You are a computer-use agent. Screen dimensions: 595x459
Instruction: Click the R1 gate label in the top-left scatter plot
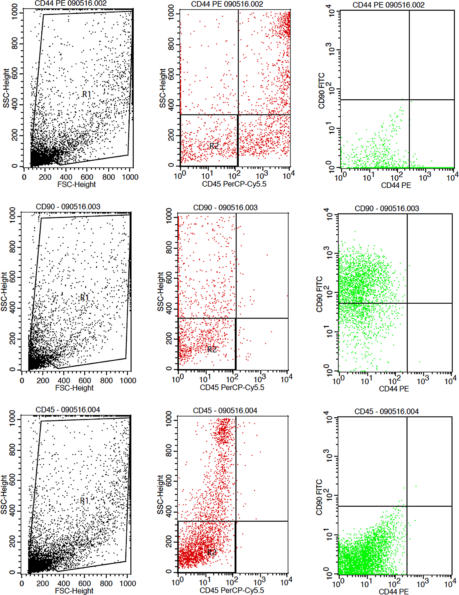point(87,94)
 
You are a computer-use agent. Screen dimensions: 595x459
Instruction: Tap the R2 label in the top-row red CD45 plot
point(214,146)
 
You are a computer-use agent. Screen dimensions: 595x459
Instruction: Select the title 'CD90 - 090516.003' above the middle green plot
point(387,208)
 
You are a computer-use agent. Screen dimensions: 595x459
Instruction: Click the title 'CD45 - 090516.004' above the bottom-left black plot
point(68,410)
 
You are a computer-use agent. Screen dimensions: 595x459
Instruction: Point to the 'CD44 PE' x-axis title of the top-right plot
point(396,185)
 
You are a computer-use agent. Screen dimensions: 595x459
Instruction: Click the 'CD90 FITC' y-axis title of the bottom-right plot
point(319,498)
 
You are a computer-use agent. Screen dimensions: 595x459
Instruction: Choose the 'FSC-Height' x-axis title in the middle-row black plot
point(74,388)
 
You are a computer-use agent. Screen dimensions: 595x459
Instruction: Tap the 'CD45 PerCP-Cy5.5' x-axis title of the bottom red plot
point(232,590)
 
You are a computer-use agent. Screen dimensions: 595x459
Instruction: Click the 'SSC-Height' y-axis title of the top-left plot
point(6,88)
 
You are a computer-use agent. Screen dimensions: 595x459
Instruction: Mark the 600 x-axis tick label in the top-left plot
point(87,177)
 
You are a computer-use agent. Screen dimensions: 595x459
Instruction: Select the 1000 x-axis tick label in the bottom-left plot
point(128,584)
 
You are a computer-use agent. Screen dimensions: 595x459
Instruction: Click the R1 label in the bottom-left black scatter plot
point(85,501)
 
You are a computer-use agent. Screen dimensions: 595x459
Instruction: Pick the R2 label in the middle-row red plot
point(212,349)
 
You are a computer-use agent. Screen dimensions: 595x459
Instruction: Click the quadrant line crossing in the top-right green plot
point(409,100)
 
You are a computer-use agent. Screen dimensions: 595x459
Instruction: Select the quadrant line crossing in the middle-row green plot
point(407,303)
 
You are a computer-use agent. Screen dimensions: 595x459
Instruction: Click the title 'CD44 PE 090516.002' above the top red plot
point(227,4)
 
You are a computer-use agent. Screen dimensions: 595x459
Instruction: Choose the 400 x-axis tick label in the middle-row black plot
point(64,381)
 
